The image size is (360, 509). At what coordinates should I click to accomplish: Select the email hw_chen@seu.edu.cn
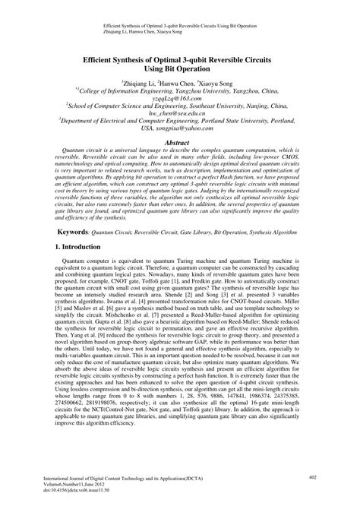180,114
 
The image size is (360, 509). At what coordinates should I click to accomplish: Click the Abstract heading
180,142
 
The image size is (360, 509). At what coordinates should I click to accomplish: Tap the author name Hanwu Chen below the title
180,81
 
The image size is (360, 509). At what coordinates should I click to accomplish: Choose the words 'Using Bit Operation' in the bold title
179,67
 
